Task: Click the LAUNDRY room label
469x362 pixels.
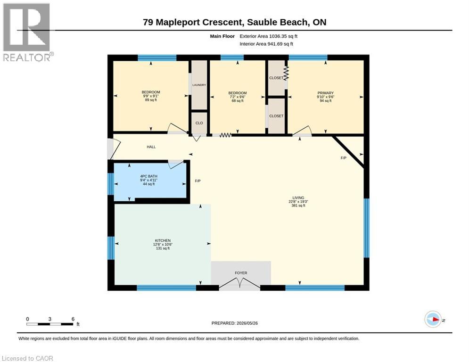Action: click(x=199, y=85)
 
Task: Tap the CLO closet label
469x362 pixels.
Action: click(x=199, y=123)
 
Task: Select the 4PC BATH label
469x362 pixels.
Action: click(x=148, y=176)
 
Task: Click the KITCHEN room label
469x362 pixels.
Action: click(x=163, y=240)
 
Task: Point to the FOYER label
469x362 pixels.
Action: click(x=241, y=273)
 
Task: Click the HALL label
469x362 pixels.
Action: click(x=151, y=147)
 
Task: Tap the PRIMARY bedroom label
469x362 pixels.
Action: click(x=325, y=93)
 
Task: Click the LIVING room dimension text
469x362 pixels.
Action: click(x=298, y=202)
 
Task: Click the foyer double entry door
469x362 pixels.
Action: click(x=239, y=283)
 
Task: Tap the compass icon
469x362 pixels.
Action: click(x=433, y=319)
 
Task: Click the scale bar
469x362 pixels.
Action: click(x=50, y=324)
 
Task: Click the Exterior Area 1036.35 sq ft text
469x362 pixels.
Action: click(x=268, y=36)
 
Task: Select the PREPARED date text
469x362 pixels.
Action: click(x=235, y=323)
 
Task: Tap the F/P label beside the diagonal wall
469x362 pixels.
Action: click(x=343, y=158)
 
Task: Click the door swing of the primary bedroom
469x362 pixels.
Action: click(x=302, y=131)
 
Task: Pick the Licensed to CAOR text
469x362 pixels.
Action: click(x=27, y=358)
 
